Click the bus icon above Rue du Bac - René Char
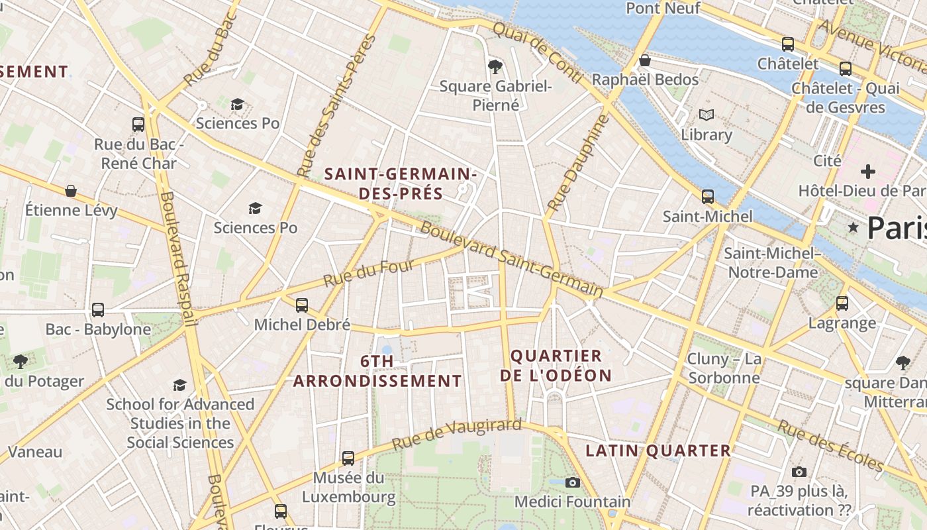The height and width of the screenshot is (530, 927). [138, 124]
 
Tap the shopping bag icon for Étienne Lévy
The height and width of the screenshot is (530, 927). [71, 191]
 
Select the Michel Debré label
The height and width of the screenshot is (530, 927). [302, 325]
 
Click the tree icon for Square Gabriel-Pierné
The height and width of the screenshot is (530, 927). [495, 66]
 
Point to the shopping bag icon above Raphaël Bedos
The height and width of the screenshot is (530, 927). [645, 60]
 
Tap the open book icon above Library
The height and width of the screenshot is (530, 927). [707, 115]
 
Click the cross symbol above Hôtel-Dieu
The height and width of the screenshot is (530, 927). [867, 172]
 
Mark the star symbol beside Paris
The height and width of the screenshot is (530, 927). [854, 228]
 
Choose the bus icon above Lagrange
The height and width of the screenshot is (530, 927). [842, 303]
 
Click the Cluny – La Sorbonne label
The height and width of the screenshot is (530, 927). [724, 368]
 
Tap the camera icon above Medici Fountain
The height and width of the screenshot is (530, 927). [573, 482]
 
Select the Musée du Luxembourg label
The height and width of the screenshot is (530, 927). [348, 487]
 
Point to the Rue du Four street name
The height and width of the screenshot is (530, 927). [368, 274]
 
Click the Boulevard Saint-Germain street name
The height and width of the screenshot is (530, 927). [511, 260]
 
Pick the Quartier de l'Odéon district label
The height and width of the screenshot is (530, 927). [556, 366]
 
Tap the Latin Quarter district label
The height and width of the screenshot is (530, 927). [658, 451]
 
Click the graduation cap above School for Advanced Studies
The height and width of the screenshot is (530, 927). [179, 385]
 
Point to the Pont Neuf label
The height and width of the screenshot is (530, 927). [662, 8]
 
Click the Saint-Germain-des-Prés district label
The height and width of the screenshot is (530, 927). [401, 184]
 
